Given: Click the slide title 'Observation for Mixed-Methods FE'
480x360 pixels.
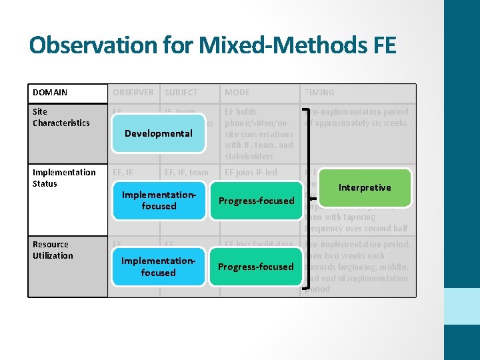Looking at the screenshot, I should point(213,45).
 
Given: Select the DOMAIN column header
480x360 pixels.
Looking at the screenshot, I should point(50,93).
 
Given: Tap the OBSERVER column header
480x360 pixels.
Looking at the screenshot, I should point(133,93).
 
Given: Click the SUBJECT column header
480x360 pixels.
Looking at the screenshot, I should point(181,93).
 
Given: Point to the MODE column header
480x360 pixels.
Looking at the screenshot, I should point(237,93).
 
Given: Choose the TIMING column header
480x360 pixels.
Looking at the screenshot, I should point(319,93).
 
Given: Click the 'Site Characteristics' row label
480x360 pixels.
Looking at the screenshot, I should point(61,117).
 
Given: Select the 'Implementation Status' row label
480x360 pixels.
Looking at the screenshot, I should point(64,178).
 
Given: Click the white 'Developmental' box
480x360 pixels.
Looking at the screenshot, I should point(159,133).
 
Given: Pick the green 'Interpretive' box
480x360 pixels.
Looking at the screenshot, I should point(364,187).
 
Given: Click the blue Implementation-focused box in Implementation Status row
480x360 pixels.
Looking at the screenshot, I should point(159,201).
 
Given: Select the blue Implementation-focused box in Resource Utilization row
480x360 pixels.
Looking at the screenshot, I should point(159,267).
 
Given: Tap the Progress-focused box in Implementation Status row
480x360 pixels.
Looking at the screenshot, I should point(257,201).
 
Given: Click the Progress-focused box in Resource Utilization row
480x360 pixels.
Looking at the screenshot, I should point(257,267).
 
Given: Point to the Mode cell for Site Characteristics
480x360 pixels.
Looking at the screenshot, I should point(259,134).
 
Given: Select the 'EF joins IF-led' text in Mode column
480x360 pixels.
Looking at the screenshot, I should point(251,173).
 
